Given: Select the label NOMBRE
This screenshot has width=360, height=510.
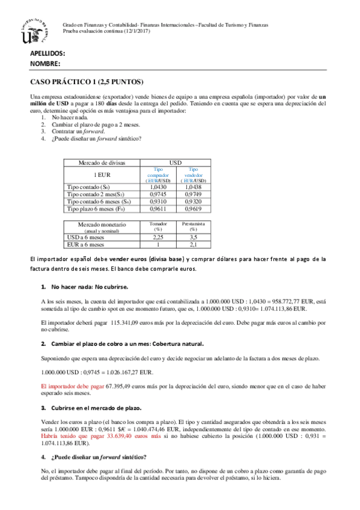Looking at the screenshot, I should [44, 63].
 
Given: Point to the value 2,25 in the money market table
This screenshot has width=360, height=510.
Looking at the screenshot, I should [159, 238].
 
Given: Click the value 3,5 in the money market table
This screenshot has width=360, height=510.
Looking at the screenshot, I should [194, 238].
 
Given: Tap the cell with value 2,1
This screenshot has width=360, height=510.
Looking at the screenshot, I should [194, 245].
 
